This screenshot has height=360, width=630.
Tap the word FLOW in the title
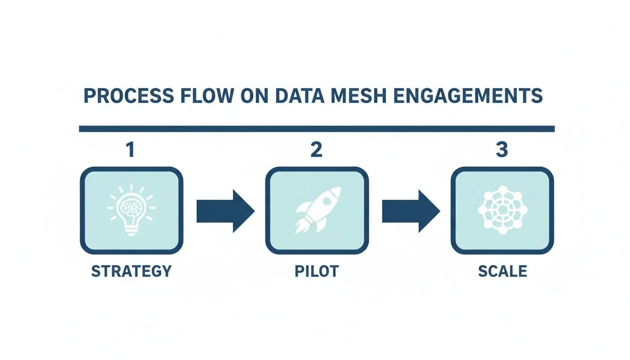[x=209, y=96]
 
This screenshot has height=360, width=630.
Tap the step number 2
[x=317, y=151]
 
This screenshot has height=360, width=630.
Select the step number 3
[x=502, y=151]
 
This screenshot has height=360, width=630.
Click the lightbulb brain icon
[x=131, y=210]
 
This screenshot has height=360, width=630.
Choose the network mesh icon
[x=502, y=210]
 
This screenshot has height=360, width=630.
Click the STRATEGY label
[x=131, y=271]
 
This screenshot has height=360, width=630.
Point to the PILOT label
[x=317, y=271]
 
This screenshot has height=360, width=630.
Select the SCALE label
[x=502, y=271]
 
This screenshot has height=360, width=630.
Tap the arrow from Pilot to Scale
[x=411, y=211]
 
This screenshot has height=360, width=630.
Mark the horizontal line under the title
[x=317, y=129]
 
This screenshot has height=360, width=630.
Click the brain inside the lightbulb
[x=131, y=205]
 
